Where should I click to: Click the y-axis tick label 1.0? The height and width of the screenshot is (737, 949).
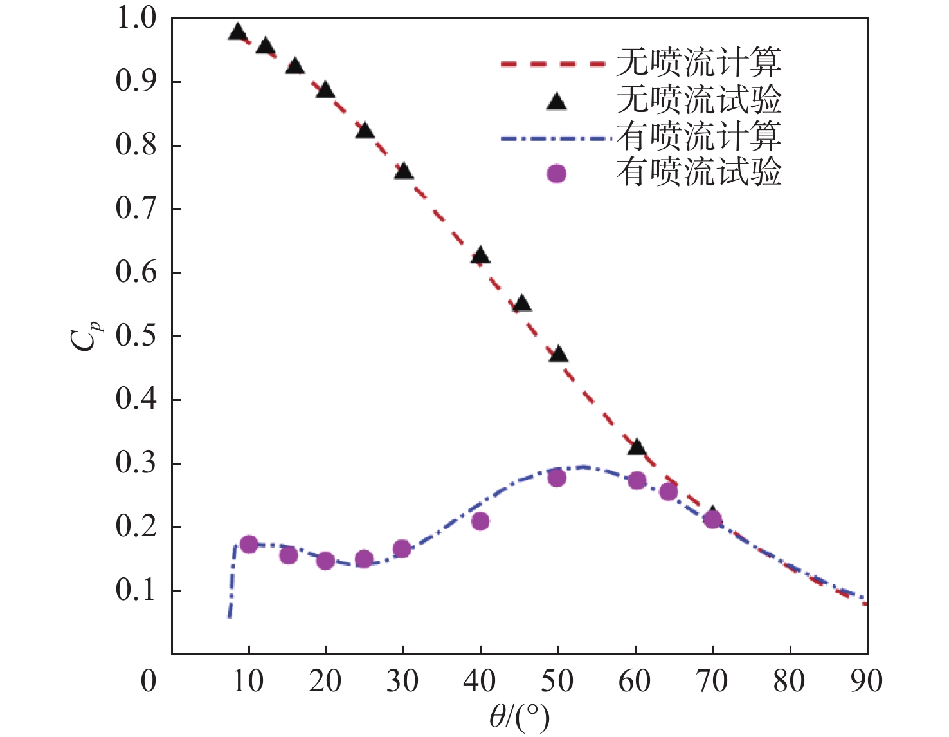pos(136,19)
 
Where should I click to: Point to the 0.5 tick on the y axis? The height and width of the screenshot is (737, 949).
pos(136,336)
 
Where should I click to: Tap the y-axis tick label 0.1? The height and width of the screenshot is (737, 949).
pos(136,590)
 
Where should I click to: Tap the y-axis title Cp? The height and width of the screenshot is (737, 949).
pos(84,336)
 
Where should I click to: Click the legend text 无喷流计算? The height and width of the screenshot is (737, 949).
pos(699,62)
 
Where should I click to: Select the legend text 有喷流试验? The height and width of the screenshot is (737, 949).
pos(699,173)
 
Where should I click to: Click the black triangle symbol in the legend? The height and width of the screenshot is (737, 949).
pos(556,101)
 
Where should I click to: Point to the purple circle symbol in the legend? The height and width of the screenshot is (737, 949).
pos(556,174)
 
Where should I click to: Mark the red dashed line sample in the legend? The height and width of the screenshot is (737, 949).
pos(553,64)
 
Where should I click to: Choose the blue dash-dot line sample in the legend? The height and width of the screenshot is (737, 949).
pos(553,138)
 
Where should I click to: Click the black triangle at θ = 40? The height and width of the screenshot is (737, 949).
pos(480,256)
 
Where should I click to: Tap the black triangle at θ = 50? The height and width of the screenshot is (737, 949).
pos(558,353)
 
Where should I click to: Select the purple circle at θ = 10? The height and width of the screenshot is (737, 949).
pos(249,545)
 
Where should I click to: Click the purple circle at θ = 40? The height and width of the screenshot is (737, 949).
pos(480,521)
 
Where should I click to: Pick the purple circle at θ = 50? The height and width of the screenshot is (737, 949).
pos(557,478)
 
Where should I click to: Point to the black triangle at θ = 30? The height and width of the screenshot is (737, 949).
pos(403,171)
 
